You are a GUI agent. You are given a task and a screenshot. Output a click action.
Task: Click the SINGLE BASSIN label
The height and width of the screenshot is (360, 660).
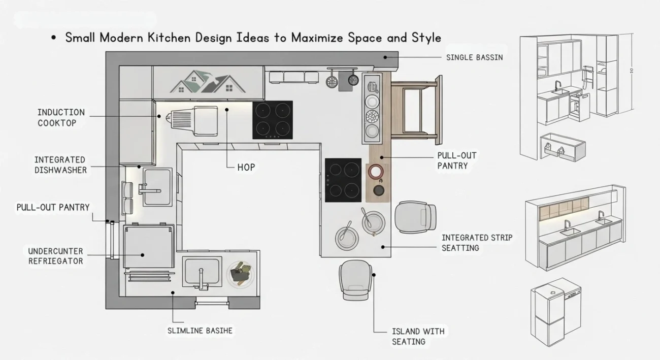474,58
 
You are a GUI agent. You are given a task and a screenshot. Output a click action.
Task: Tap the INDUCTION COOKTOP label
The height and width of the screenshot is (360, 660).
61,117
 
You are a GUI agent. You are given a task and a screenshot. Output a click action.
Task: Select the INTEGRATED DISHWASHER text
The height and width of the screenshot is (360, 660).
60,165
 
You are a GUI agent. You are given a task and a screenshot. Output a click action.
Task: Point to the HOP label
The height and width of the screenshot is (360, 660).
246,167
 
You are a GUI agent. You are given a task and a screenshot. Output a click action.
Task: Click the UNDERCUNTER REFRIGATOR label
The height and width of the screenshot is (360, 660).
55,256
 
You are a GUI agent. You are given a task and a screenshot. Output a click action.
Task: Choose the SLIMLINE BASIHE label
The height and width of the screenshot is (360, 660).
200,331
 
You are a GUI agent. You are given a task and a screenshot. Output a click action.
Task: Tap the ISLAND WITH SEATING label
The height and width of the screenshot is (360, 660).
418,336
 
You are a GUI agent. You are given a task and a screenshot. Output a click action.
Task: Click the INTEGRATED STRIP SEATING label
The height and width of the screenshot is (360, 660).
477,242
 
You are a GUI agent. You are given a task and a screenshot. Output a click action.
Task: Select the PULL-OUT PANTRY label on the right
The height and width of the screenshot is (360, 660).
457,160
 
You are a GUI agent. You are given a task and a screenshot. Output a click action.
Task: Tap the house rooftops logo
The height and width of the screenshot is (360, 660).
208,82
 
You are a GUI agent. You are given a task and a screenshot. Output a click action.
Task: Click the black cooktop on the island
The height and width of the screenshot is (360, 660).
343,180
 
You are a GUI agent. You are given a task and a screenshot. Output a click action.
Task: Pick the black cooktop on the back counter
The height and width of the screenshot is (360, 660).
273,120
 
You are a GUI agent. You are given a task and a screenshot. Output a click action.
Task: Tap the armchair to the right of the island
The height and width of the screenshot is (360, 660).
415,217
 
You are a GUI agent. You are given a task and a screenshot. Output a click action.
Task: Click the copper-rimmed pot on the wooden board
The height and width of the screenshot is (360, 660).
377,172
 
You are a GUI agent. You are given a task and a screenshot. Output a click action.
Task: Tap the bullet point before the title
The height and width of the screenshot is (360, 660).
54,39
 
